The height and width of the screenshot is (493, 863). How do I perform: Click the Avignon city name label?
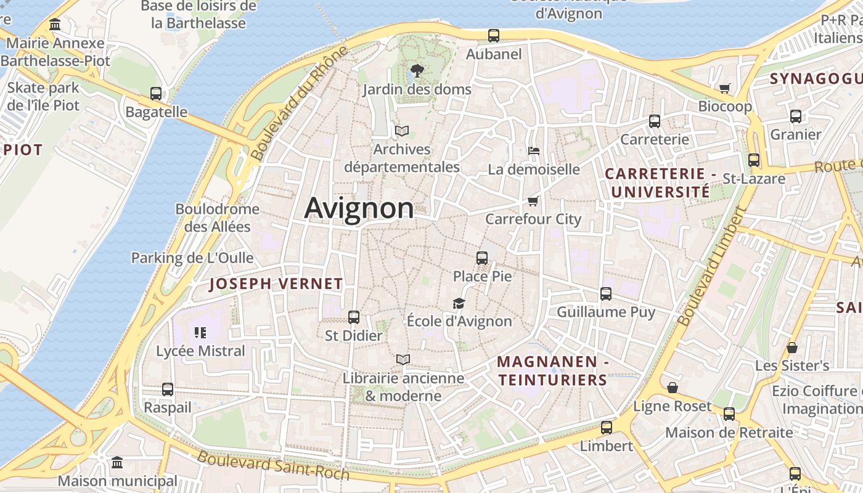click(359, 208)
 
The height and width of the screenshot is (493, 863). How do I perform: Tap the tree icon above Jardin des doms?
click(417, 71)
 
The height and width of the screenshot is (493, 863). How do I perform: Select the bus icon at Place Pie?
click(482, 258)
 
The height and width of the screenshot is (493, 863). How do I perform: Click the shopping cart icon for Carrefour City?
click(533, 201)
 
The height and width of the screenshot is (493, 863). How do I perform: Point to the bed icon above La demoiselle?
click(534, 151)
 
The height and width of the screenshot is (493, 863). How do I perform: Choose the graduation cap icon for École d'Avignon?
click(459, 303)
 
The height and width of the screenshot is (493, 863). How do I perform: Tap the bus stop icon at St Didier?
click(354, 317)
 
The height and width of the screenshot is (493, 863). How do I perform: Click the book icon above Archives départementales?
click(402, 131)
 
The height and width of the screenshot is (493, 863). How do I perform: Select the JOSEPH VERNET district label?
click(276, 283)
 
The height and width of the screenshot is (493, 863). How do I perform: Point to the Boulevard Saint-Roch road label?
click(273, 465)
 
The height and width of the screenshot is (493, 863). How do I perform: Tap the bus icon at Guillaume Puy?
click(606, 294)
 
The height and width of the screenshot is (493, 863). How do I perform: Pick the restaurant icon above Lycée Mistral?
click(200, 333)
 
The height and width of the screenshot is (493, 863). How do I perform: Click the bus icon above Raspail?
click(168, 389)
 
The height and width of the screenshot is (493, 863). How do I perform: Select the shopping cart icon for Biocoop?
click(725, 88)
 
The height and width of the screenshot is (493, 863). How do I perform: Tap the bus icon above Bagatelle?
click(156, 94)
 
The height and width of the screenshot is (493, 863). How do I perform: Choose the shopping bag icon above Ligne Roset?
click(673, 388)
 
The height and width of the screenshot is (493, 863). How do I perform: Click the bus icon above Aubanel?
click(494, 36)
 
